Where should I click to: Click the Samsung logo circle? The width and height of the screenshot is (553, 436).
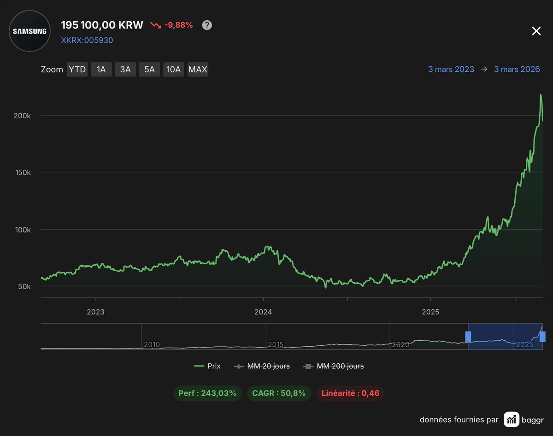click(30, 31)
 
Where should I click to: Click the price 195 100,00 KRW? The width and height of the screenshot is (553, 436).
click(102, 25)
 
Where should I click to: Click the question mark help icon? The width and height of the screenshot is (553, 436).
click(207, 25)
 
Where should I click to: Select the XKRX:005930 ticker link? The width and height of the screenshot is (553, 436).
click(87, 40)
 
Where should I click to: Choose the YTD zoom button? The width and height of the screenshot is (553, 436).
click(77, 70)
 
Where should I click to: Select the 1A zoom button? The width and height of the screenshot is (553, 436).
click(101, 70)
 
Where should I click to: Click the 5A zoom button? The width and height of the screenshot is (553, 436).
click(149, 70)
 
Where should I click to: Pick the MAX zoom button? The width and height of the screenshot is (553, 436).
click(198, 70)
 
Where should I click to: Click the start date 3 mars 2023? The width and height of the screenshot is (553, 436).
click(451, 70)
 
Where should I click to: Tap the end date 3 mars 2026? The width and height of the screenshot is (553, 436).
click(517, 70)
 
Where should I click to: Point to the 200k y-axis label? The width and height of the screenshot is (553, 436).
click(22, 116)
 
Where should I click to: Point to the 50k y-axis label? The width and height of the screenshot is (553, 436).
click(24, 286)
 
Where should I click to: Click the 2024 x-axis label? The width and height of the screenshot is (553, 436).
click(263, 312)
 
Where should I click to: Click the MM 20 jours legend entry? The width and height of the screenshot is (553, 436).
click(262, 366)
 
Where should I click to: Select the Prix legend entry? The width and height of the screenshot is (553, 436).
click(207, 366)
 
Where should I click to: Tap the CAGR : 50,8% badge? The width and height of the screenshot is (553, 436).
click(279, 393)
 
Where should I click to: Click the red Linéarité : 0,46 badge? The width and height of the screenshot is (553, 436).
click(350, 393)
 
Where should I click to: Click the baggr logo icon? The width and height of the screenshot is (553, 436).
click(511, 419)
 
